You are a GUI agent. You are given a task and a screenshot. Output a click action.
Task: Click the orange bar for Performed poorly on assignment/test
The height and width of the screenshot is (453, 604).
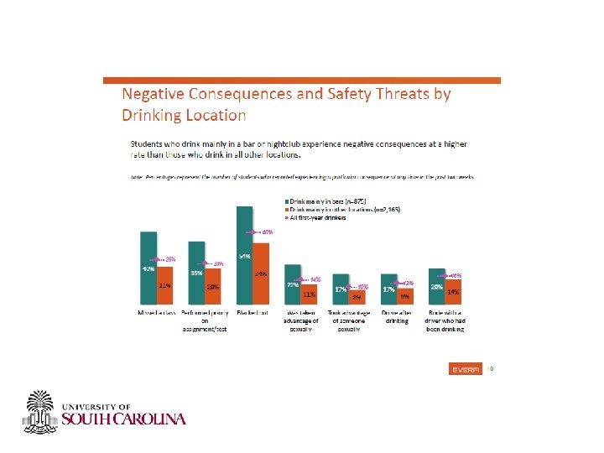[212, 286]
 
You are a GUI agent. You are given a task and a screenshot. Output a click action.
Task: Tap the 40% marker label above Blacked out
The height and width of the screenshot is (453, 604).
[266, 232]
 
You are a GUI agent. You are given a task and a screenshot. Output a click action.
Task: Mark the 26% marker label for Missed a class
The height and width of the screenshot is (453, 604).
[169, 258]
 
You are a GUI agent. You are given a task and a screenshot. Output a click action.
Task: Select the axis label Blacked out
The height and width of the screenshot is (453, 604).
[253, 312]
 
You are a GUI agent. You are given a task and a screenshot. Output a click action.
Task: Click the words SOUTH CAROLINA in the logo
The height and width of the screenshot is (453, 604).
[124, 419]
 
